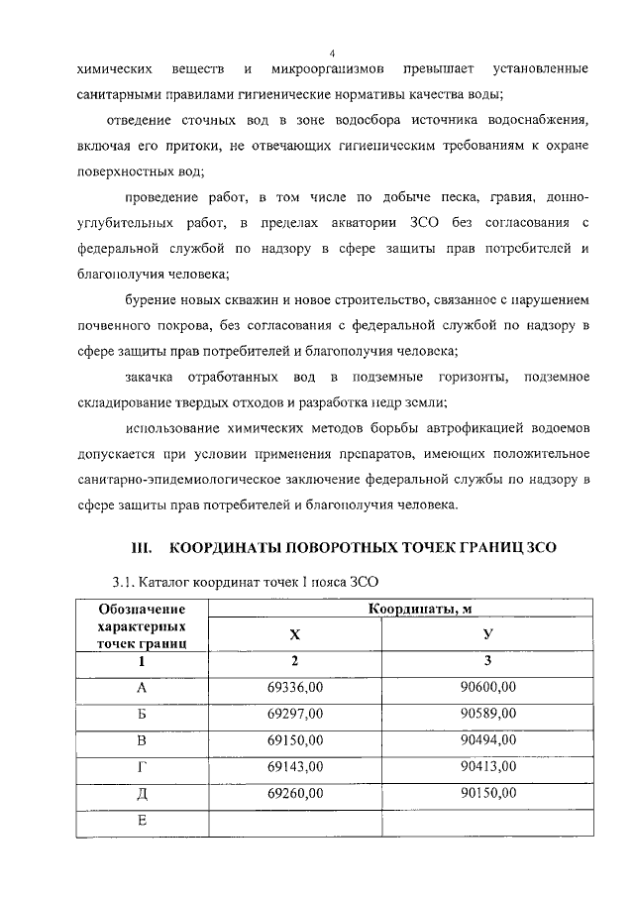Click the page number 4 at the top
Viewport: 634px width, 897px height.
[331, 53]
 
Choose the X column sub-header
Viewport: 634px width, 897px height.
[294, 634]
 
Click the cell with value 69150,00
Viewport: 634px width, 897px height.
[294, 739]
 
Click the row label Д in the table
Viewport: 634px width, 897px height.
[142, 793]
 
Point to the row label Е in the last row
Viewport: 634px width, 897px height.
[142, 821]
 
